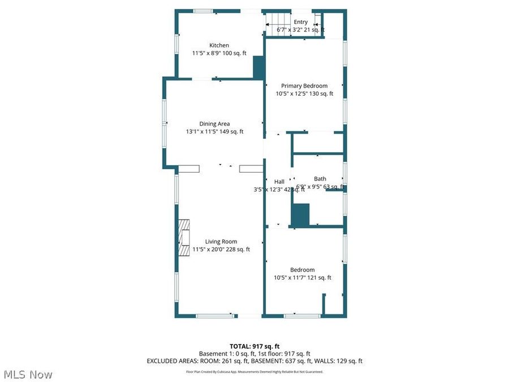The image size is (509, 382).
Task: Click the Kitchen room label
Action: tap(219, 45)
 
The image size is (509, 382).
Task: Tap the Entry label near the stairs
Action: tap(300, 22)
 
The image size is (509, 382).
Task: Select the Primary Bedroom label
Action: tap(304, 86)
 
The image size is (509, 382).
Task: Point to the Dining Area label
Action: tap(214, 124)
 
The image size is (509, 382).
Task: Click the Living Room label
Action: tap(221, 242)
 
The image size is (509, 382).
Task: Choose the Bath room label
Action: tap(320, 179)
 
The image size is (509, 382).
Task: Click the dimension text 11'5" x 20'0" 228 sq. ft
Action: tap(221, 249)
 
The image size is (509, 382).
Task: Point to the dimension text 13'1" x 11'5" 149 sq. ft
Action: tap(214, 132)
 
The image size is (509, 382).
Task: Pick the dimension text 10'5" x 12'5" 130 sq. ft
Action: tap(304, 94)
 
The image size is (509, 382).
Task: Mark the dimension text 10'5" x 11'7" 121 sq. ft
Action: tap(303, 278)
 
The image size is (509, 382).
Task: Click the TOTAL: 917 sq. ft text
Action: tap(255, 346)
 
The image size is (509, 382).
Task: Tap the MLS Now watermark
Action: tap(28, 375)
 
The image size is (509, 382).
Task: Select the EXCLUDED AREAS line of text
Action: tap(255, 360)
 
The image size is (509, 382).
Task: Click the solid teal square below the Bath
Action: tap(300, 215)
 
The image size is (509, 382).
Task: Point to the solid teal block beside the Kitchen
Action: tap(259, 67)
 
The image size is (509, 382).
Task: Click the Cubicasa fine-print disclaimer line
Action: tap(255, 372)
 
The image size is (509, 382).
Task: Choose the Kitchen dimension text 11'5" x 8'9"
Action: tap(219, 53)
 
